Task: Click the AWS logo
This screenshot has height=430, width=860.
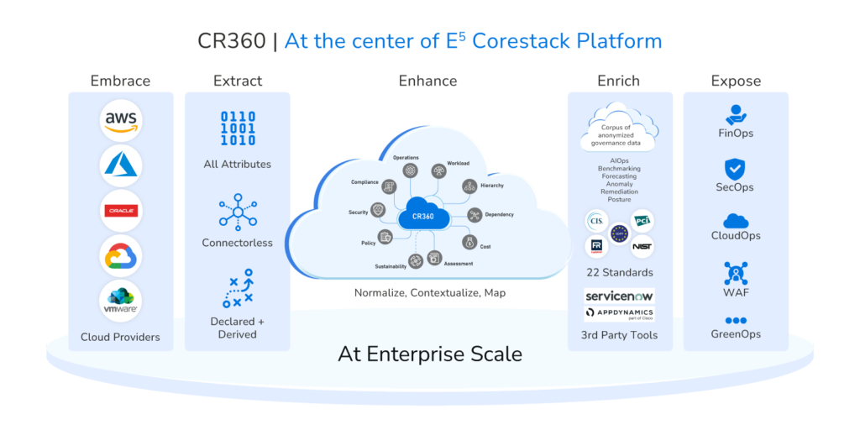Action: click(x=120, y=121)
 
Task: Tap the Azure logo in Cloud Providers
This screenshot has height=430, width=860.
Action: click(x=120, y=165)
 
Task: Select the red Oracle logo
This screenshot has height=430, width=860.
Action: click(x=120, y=211)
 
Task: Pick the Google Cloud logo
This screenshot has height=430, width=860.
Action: click(x=120, y=256)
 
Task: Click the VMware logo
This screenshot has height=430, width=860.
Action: click(x=120, y=301)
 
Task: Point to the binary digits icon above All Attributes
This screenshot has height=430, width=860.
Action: click(x=237, y=128)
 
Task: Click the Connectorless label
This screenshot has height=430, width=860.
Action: click(x=237, y=243)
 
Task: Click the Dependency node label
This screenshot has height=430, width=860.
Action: click(x=499, y=214)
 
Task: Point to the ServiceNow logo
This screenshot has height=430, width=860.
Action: click(x=620, y=296)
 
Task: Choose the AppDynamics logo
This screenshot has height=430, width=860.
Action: click(x=620, y=314)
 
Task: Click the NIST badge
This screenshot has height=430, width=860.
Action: click(x=642, y=247)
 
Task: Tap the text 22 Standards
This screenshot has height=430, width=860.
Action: click(x=620, y=272)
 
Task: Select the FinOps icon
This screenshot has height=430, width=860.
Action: click(x=736, y=114)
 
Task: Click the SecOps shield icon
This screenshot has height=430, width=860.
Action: click(x=736, y=168)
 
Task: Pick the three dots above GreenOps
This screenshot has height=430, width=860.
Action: click(x=736, y=320)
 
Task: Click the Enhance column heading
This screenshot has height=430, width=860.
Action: click(x=427, y=81)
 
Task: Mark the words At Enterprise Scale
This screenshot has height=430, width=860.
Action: click(x=429, y=354)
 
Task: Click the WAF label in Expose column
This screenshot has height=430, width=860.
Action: click(x=736, y=292)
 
